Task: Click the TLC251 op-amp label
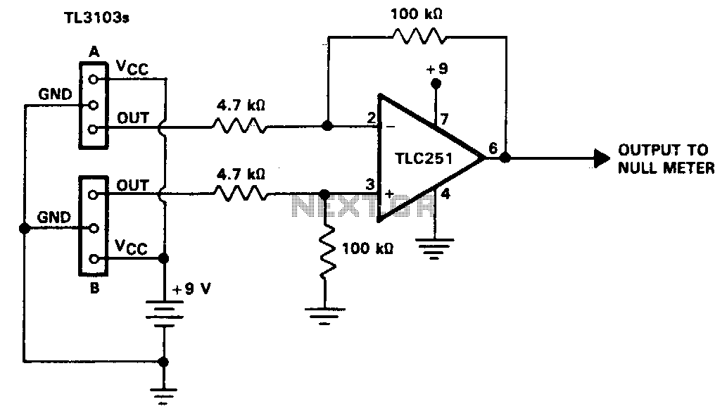click(424, 159)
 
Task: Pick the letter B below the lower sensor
click(94, 287)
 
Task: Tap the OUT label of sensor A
click(133, 118)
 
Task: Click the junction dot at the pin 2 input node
click(326, 127)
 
